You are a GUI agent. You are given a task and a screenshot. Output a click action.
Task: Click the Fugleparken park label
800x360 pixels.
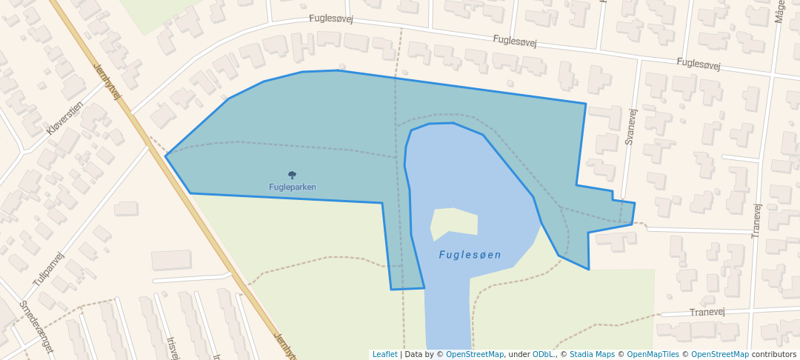(292, 187)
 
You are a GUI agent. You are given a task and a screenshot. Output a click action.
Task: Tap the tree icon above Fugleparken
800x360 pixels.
(292, 176)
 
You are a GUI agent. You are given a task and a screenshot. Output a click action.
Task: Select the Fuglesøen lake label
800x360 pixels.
(470, 255)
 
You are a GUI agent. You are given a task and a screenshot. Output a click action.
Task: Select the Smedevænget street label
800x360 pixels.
(36, 326)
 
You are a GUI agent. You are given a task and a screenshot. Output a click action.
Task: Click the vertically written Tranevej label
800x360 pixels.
(756, 220)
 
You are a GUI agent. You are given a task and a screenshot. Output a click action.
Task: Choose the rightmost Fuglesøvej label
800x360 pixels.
(698, 64)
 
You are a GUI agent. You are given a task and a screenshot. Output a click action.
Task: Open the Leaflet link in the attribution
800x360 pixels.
(384, 355)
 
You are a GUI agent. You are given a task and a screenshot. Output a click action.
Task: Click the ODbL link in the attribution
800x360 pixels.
(543, 355)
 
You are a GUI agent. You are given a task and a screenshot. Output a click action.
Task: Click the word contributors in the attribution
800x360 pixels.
(773, 355)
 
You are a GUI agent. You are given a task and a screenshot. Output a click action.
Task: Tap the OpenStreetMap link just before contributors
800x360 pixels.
(719, 355)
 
